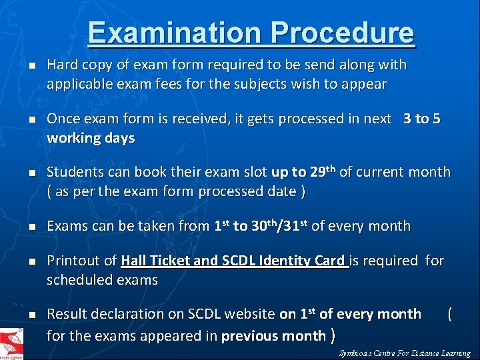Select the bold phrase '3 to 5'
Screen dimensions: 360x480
(421, 119)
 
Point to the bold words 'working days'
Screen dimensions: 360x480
(91, 139)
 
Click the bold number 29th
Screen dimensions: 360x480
(323, 172)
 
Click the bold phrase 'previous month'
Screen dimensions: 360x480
(273, 335)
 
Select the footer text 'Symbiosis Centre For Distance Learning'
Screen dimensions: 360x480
(404, 353)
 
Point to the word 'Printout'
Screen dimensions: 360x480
(73, 261)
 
